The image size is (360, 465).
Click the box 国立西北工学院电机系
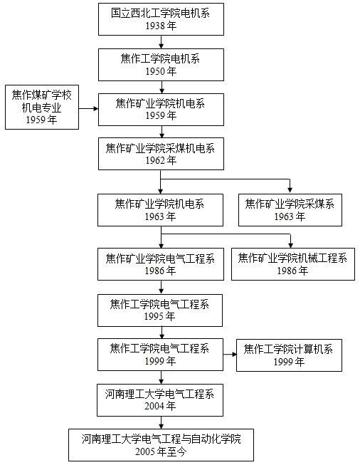click(x=161, y=19)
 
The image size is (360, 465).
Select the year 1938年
click(x=161, y=26)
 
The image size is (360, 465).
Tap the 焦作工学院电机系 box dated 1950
click(x=161, y=65)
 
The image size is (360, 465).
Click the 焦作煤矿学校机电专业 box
click(x=42, y=107)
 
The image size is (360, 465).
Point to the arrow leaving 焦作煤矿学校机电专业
click(x=89, y=108)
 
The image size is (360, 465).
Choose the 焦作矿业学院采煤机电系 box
click(x=161, y=154)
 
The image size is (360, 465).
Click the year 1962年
click(x=161, y=160)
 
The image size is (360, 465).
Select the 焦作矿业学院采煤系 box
click(x=290, y=210)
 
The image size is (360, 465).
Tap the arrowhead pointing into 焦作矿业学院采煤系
click(x=290, y=190)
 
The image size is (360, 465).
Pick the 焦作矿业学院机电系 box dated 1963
click(x=160, y=210)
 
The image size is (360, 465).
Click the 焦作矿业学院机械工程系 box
click(x=292, y=264)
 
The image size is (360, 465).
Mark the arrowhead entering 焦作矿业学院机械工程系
click(x=291, y=245)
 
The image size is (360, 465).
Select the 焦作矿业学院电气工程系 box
click(x=161, y=264)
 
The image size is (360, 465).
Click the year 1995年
click(x=159, y=316)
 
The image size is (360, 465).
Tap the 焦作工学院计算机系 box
click(x=289, y=355)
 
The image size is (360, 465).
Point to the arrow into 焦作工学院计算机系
click(x=230, y=355)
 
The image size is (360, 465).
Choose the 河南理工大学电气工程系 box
click(x=160, y=400)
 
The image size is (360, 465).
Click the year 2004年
click(x=160, y=406)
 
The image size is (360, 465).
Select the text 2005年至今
click(x=161, y=451)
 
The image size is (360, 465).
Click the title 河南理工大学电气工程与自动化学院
click(x=162, y=439)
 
